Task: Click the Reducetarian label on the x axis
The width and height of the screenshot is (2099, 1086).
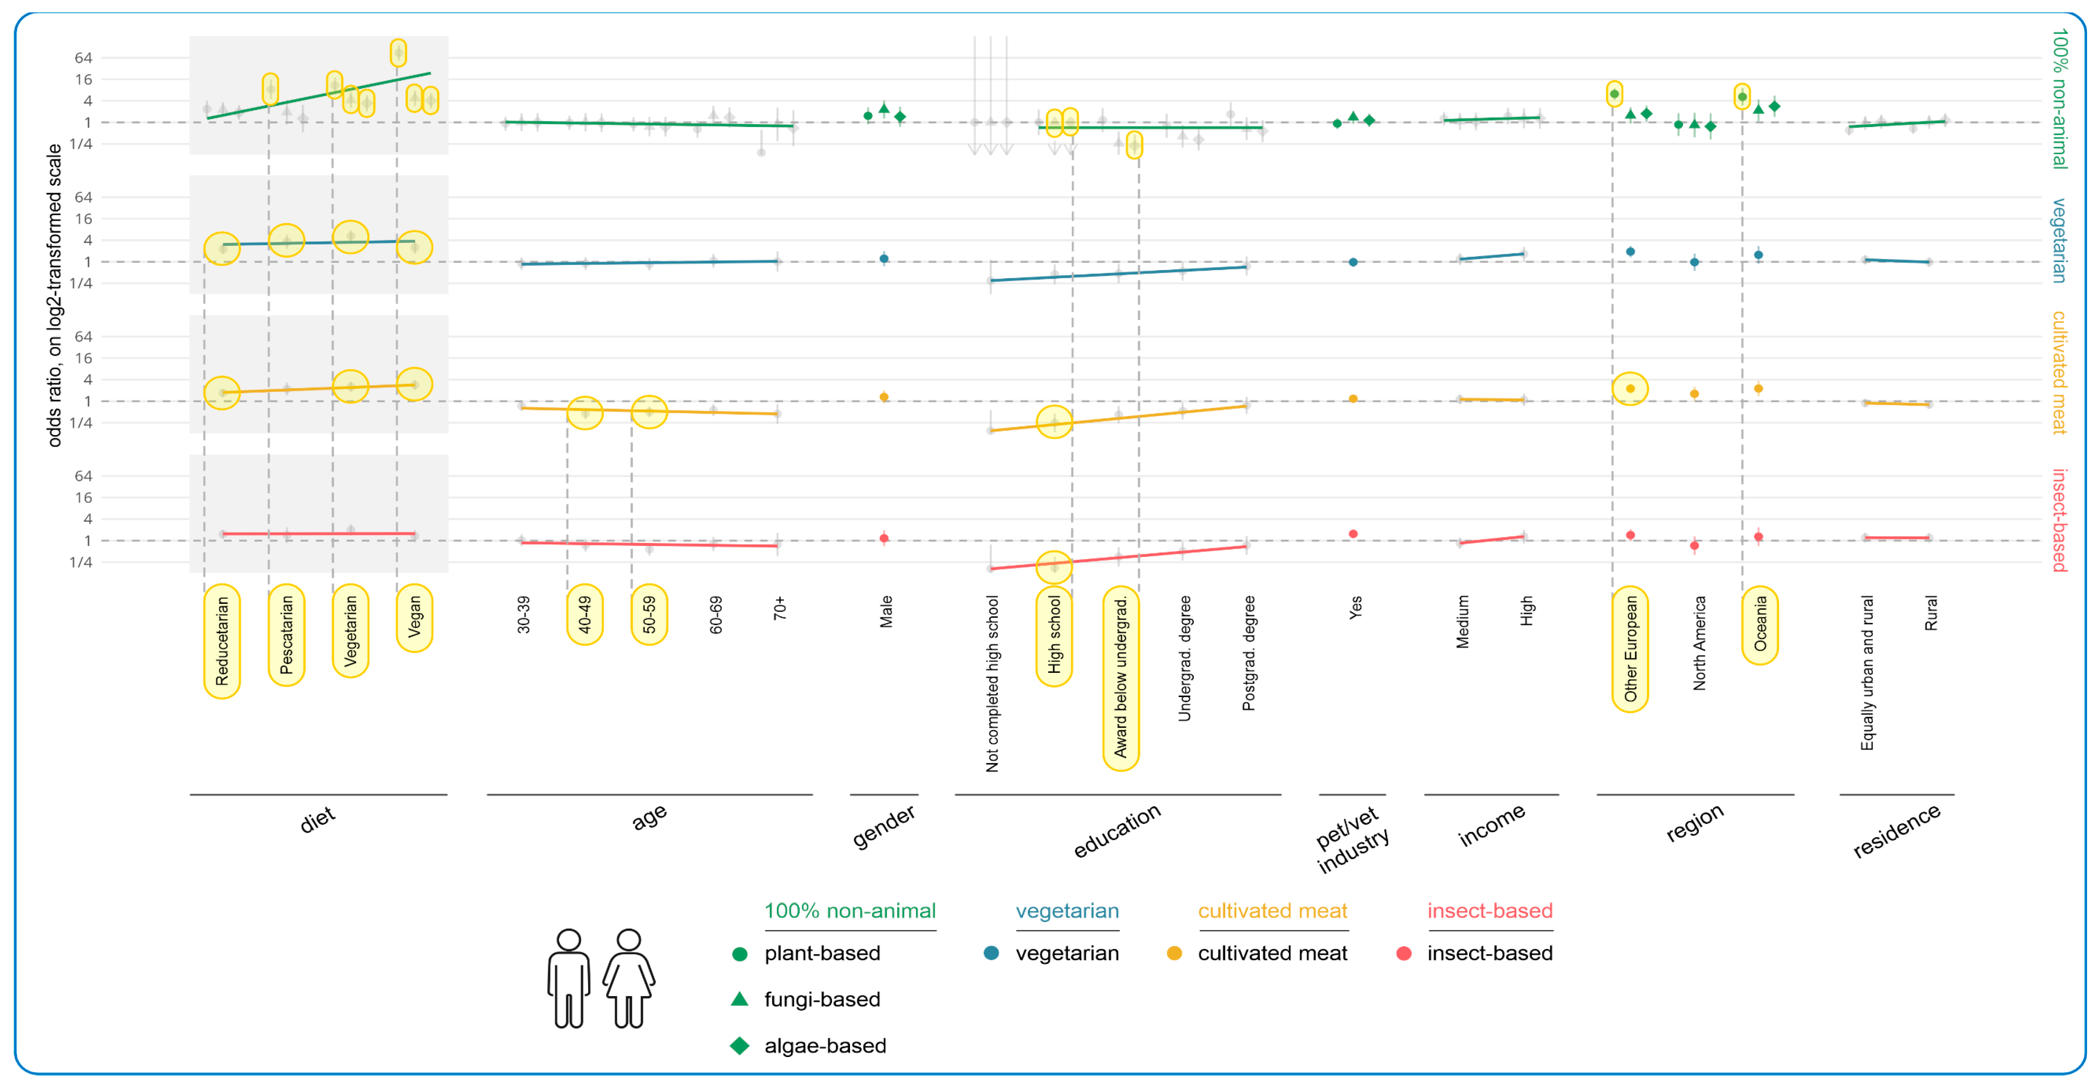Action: point(222,640)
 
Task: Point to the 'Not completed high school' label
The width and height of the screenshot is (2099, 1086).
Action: point(992,683)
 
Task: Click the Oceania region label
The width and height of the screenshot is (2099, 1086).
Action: point(1760,623)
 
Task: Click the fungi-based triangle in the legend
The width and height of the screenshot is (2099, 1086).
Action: point(739,999)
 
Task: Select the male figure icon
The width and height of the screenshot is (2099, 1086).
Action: point(569,978)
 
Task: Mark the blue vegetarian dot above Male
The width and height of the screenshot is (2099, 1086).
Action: point(884,259)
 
